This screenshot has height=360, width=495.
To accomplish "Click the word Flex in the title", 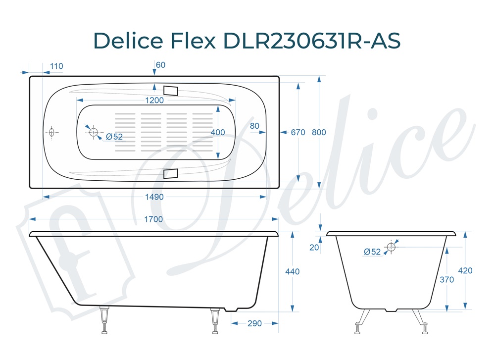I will click(193, 41).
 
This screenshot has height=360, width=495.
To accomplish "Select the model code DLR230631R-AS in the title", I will click(312, 41).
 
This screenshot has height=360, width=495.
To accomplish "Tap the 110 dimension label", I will click(56, 66).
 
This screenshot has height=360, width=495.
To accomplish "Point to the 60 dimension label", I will click(160, 65).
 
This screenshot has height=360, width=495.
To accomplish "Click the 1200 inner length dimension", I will click(154, 101).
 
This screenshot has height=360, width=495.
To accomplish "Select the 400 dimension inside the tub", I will click(218, 132).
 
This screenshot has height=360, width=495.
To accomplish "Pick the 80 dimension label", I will click(254, 126).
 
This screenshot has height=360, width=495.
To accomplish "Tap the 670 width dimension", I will click(298, 132).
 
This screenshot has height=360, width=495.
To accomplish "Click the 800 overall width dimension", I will click(319, 132).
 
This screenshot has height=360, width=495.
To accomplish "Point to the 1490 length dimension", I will click(154, 197).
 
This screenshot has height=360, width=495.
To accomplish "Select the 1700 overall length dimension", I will click(154, 219).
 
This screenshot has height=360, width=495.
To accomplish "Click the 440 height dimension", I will click(293, 271).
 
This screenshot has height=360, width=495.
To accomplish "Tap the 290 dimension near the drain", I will click(254, 323).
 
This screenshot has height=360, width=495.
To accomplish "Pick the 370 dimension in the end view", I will click(447, 280).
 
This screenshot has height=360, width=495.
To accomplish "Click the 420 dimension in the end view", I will click(465, 271).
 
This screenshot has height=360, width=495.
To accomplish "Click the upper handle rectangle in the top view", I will click(170, 90).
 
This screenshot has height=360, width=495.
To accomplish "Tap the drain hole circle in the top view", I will click(93, 132).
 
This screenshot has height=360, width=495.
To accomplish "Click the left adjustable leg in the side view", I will click(104, 319).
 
